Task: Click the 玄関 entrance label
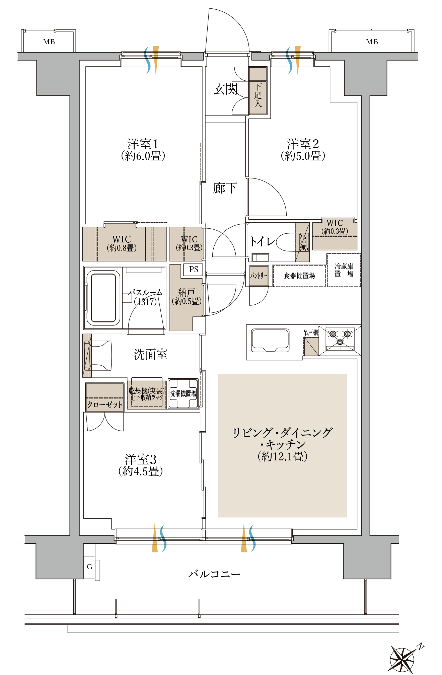[x=226, y=89]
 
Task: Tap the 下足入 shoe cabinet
[x=258, y=96]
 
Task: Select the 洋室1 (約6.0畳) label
[x=143, y=150]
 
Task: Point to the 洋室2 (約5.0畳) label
[x=303, y=150]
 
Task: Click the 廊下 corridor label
[x=225, y=188]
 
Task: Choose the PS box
[x=193, y=270]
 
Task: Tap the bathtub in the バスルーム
[x=103, y=298]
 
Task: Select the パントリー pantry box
[x=259, y=276]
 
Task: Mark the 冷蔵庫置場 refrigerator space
[x=344, y=270]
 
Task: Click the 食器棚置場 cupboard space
[x=299, y=276]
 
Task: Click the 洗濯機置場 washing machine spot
[x=183, y=393]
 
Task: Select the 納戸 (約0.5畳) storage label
[x=187, y=296]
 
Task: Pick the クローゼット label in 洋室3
[x=105, y=404]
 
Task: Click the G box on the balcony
[x=89, y=567]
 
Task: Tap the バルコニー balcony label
[x=214, y=574]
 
